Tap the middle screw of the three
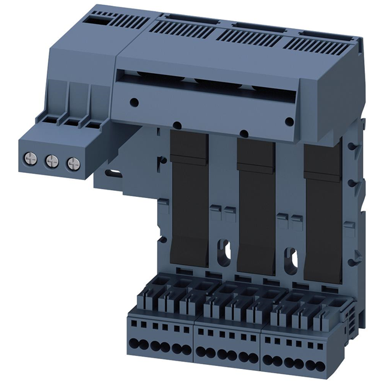pyautogui.click(x=52, y=161)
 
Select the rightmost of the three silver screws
pyautogui.click(x=73, y=163)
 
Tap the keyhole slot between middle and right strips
pyautogui.click(x=289, y=252)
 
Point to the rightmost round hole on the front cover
pyautogui.click(x=289, y=122)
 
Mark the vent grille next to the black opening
pyautogui.click(x=129, y=22)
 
